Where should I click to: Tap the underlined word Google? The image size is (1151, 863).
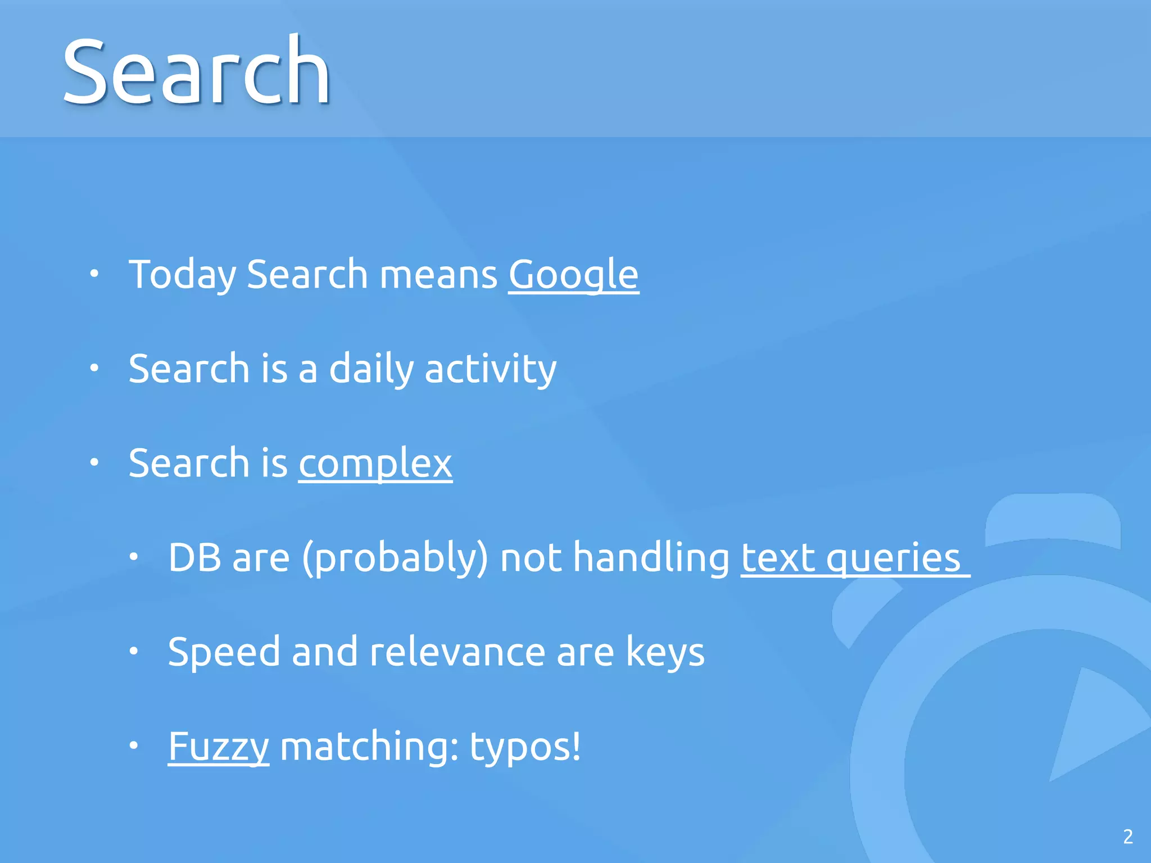573,275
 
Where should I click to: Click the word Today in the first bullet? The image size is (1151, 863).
183,275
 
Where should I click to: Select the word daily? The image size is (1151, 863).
371,369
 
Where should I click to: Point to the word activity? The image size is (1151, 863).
490,369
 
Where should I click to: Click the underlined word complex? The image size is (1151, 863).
375,464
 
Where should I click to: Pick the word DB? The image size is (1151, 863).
194,558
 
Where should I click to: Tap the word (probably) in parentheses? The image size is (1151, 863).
395,558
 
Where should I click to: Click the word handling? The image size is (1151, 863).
651,558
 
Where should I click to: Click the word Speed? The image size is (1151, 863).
224,652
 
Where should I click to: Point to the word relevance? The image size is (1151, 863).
457,652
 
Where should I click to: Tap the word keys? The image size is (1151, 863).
665,652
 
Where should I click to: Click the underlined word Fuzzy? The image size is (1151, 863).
219,747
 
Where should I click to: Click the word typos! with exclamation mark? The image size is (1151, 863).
525,747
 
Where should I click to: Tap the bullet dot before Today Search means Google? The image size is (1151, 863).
94,274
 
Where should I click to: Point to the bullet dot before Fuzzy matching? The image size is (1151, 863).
134,746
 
